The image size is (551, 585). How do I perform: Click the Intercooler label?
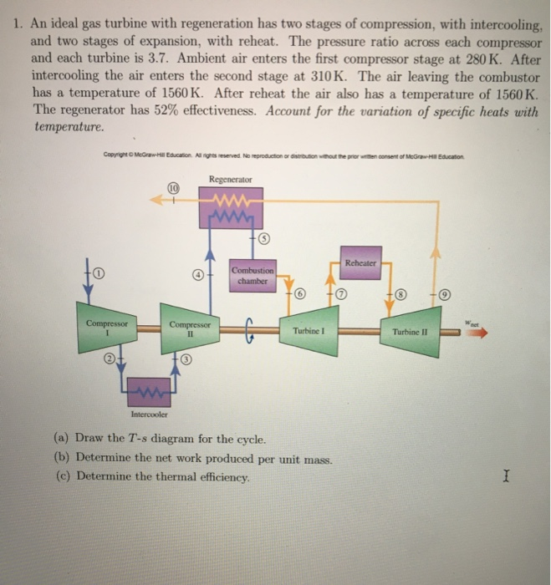(149, 415)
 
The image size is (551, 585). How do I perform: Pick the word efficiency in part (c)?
(219, 476)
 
